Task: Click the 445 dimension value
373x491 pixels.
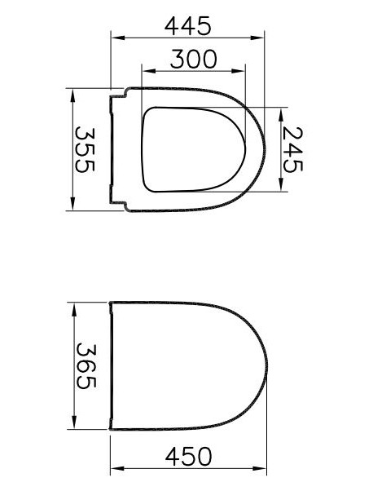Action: click(x=187, y=26)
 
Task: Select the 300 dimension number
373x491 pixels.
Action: click(x=194, y=60)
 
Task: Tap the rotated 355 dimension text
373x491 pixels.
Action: click(x=85, y=149)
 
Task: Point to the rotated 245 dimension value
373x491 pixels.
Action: click(x=292, y=149)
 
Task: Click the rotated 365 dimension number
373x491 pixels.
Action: click(x=86, y=365)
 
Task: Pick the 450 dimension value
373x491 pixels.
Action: click(x=188, y=457)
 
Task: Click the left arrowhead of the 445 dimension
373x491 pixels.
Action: click(x=118, y=38)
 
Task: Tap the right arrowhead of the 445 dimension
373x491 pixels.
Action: click(x=257, y=38)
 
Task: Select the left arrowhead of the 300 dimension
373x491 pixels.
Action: click(x=149, y=71)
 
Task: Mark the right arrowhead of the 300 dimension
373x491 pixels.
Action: click(x=239, y=71)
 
